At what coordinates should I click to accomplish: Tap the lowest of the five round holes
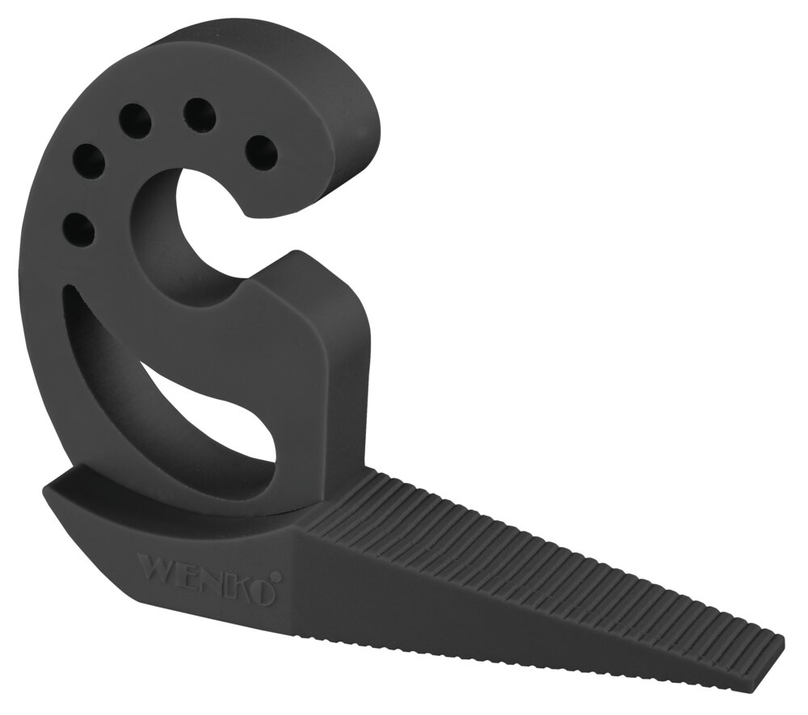[78, 229]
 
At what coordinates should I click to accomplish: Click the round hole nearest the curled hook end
[261, 149]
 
